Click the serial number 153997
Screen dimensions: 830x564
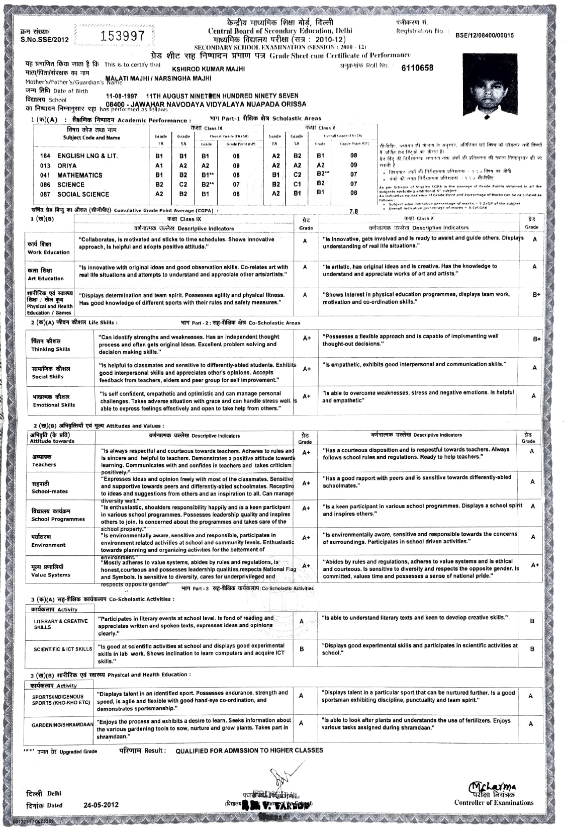tap(123, 36)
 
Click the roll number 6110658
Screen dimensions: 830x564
tap(417, 68)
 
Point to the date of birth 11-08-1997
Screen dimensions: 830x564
tap(121, 96)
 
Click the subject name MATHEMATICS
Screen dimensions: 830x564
tap(79, 175)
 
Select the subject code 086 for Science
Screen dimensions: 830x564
tap(45, 185)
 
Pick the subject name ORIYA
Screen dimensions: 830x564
tap(67, 165)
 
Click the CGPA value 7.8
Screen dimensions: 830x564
tap(354, 211)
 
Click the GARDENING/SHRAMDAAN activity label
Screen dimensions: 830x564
tap(62, 725)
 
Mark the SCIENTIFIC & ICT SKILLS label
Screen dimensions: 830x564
tap(62, 649)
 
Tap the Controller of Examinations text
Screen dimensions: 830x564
tap(494, 803)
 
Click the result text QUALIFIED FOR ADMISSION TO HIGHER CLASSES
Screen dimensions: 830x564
tap(249, 751)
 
